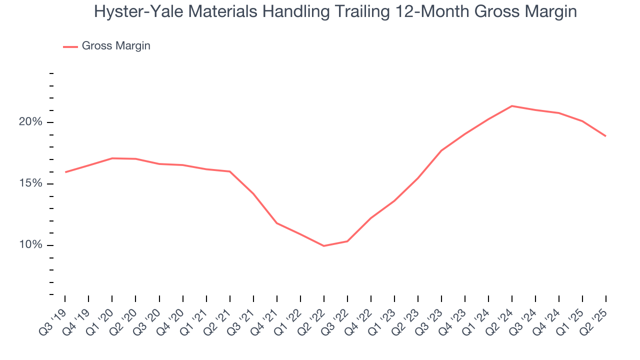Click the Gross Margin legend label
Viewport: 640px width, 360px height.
coord(116,46)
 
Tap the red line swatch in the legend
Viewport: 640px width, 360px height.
coord(70,46)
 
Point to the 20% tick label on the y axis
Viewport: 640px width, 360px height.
coord(37,122)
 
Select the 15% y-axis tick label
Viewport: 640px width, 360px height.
coord(37,184)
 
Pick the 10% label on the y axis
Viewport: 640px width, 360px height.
coord(37,245)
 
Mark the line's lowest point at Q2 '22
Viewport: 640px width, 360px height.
coord(323,246)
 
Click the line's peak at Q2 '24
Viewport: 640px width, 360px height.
coord(512,106)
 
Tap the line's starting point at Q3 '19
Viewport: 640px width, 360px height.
coord(65,172)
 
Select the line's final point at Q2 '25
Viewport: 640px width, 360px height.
coord(606,136)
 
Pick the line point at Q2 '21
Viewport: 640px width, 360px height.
coord(229,171)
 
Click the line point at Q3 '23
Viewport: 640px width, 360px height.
coord(441,150)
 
